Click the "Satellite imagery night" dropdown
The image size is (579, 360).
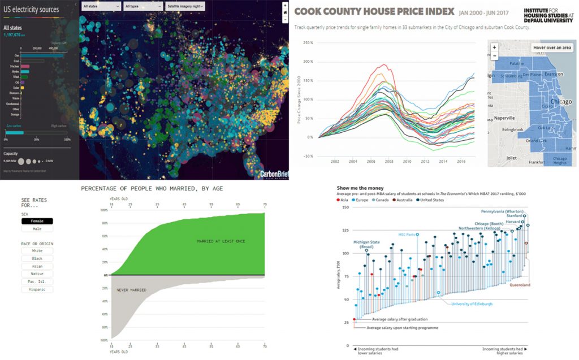185,6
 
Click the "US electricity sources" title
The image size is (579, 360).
32,10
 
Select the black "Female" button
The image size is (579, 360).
37,221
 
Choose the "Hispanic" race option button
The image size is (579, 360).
37,289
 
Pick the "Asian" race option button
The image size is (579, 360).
37,266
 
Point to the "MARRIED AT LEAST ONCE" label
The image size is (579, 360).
221,241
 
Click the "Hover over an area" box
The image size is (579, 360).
551,48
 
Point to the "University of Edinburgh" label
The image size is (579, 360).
471,304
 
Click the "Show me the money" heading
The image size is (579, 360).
360,188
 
